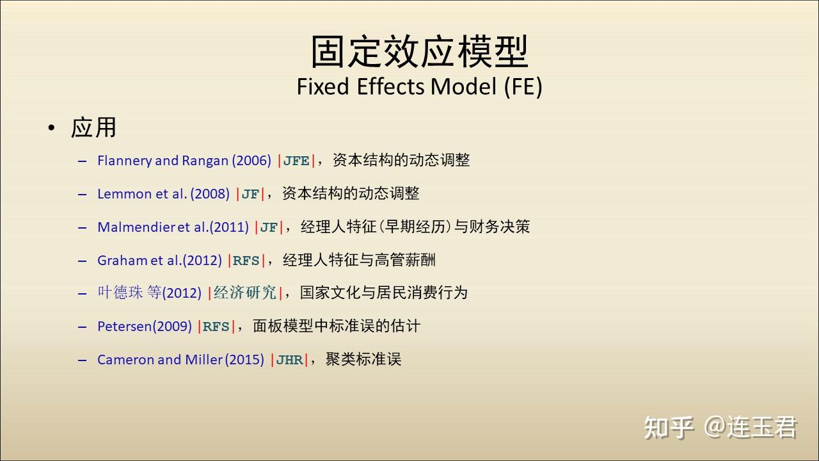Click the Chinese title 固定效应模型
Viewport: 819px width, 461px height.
pyautogui.click(x=419, y=51)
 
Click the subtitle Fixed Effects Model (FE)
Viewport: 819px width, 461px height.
pyautogui.click(x=419, y=86)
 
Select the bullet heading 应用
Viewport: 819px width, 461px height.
pyautogui.click(x=93, y=127)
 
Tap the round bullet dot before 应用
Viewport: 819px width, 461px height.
pyautogui.click(x=52, y=127)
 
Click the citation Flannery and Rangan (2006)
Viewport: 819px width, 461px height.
pyautogui.click(x=184, y=161)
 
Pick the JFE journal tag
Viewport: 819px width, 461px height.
pyautogui.click(x=296, y=161)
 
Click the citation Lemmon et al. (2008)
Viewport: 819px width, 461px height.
pyautogui.click(x=163, y=194)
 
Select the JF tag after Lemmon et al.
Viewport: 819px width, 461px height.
pyautogui.click(x=250, y=194)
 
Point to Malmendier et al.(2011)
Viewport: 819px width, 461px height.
pyautogui.click(x=173, y=227)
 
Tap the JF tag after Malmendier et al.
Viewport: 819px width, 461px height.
pyautogui.click(x=269, y=227)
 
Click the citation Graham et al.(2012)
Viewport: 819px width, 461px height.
pyautogui.click(x=159, y=261)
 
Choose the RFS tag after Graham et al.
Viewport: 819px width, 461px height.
pyautogui.click(x=246, y=261)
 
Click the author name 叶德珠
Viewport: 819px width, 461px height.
pyautogui.click(x=120, y=293)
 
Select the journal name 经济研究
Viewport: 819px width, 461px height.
pyautogui.click(x=244, y=293)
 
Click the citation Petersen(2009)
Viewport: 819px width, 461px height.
pyautogui.click(x=145, y=327)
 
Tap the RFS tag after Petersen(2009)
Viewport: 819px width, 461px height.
pyautogui.click(x=216, y=327)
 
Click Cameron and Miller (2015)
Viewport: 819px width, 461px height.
pyautogui.click(x=180, y=360)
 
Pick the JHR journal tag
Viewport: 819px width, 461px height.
pyautogui.click(x=289, y=360)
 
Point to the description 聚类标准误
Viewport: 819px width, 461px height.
pyautogui.click(x=363, y=359)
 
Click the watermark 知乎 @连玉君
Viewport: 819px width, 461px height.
pyautogui.click(x=720, y=427)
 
